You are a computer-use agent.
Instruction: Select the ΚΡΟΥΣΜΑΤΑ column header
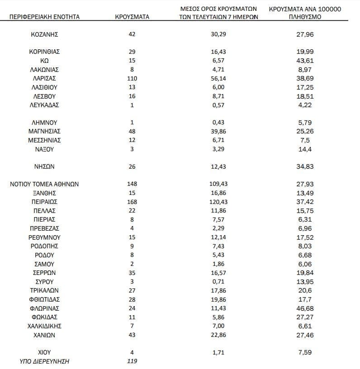pos(132,17)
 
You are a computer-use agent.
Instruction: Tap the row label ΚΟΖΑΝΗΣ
pos(44,34)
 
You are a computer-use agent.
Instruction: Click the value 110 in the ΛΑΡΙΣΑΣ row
pos(132,78)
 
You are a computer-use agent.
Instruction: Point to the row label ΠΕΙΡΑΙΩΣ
pos(44,202)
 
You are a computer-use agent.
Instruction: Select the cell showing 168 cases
pos(132,202)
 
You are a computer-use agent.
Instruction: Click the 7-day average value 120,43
pos(218,202)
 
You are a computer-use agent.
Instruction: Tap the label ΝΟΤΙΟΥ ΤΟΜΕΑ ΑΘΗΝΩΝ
pos(44,184)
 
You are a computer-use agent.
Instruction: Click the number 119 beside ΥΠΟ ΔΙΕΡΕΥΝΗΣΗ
pos(132,361)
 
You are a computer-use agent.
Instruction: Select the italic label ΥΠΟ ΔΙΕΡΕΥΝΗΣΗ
pos(44,361)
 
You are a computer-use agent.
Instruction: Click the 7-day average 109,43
pos(218,184)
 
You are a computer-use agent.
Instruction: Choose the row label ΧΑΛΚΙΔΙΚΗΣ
pos(44,326)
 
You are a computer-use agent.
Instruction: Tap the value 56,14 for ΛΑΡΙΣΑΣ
pos(218,78)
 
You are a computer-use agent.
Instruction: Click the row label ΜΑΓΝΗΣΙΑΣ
pos(44,131)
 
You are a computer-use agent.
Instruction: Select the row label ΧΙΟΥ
pos(44,352)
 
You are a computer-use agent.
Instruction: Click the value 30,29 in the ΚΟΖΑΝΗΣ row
pos(218,34)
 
